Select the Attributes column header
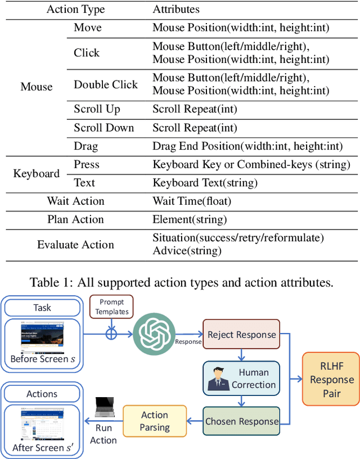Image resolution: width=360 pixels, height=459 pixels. pos(176,10)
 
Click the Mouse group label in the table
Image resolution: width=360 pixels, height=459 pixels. pos(37,87)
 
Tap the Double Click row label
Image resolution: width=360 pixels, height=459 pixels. pos(106,84)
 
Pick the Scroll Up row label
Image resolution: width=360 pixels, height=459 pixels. pos(97,109)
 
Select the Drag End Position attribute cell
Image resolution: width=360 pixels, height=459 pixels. pos(247,146)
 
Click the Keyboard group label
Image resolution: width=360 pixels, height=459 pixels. pos(37,173)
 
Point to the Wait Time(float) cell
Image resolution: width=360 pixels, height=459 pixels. pos(192,201)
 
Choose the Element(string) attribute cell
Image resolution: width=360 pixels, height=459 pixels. pos(190,219)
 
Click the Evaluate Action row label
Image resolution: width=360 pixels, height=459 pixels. pos(75,245)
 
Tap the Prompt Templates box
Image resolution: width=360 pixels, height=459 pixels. pos(111,307)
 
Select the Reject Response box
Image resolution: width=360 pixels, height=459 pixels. pos(241,335)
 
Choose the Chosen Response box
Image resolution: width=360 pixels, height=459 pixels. pos(241,421)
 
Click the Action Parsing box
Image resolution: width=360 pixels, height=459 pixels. pos(155,421)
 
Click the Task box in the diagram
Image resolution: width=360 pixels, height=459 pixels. pos(42,308)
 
